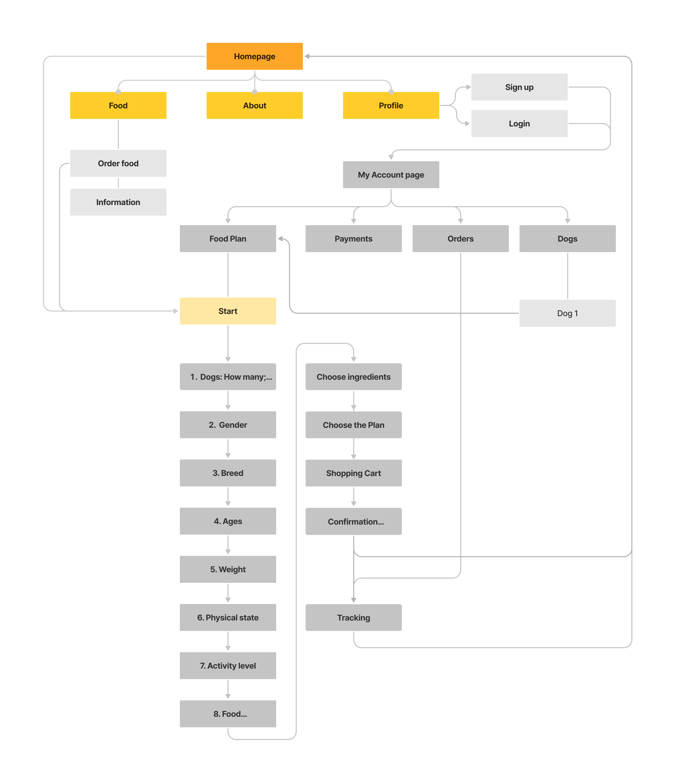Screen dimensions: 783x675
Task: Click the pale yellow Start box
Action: [x=228, y=311]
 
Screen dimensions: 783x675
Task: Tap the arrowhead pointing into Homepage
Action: [x=307, y=56]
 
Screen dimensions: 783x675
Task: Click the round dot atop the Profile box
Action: [x=391, y=92]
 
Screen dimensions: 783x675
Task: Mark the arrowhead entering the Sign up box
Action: [x=468, y=87]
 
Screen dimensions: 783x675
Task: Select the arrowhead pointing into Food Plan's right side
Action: [x=280, y=239]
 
